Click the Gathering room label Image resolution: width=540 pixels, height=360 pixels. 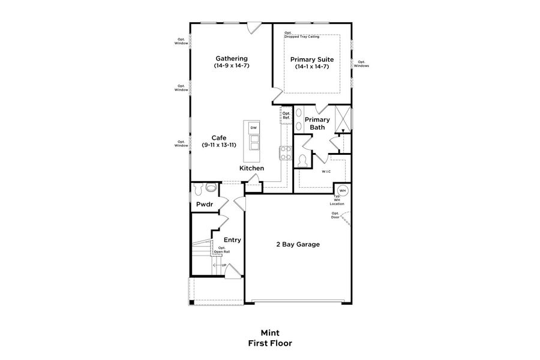pyautogui.click(x=232, y=59)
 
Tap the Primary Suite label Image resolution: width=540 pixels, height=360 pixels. pyautogui.click(x=311, y=59)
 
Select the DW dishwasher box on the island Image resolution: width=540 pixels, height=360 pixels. pyautogui.click(x=253, y=128)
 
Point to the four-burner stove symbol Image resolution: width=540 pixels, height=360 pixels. pyautogui.click(x=284, y=152)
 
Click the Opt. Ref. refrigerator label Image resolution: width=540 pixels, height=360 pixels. pyautogui.click(x=286, y=115)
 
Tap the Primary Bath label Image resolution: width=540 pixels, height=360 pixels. pyautogui.click(x=317, y=123)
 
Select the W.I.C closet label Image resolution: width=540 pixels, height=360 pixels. pyautogui.click(x=326, y=172)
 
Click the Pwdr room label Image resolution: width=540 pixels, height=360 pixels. pyautogui.click(x=205, y=205)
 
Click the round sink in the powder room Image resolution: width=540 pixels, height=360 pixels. pyautogui.click(x=211, y=187)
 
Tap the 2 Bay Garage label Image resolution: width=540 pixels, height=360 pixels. pyautogui.click(x=298, y=244)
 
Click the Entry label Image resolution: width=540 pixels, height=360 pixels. pyautogui.click(x=232, y=240)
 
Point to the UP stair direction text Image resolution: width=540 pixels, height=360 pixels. pyautogui.click(x=224, y=265)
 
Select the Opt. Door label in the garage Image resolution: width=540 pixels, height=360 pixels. pyautogui.click(x=335, y=215)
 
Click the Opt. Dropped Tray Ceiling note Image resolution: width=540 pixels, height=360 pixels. pyautogui.click(x=302, y=35)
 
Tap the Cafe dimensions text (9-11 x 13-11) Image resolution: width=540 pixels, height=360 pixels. pyautogui.click(x=218, y=145)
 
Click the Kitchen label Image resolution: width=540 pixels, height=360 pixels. pyautogui.click(x=251, y=169)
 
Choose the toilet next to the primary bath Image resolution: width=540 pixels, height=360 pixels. pyautogui.click(x=303, y=159)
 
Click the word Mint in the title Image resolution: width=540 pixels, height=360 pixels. pyautogui.click(x=270, y=332)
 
